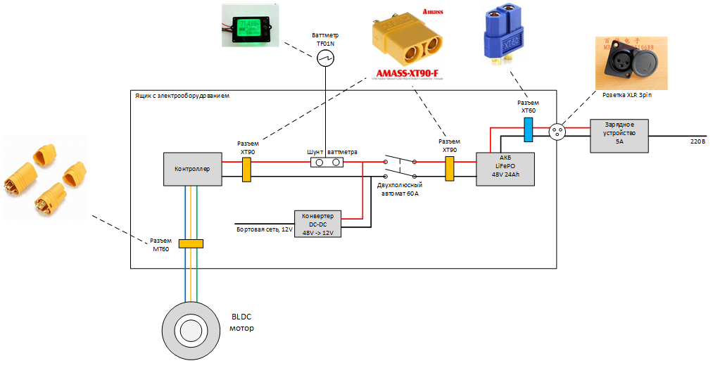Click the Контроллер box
point(193,169)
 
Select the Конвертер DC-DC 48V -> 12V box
point(317,223)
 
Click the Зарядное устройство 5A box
point(619,136)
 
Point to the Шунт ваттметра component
point(327,163)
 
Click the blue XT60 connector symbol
point(528,128)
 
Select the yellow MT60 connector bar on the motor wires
point(191,243)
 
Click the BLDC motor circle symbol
point(189,328)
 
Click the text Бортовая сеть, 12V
point(263,229)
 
